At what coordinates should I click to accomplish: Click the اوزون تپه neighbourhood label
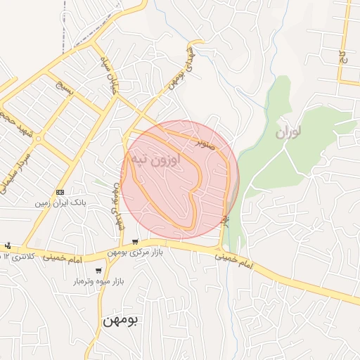coord(154,160)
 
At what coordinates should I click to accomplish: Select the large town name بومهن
coord(120,319)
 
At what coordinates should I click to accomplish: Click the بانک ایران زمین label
coord(60,202)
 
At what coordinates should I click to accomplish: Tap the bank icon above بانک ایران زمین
coord(60,192)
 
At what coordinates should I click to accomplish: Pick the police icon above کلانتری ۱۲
coord(7,246)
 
